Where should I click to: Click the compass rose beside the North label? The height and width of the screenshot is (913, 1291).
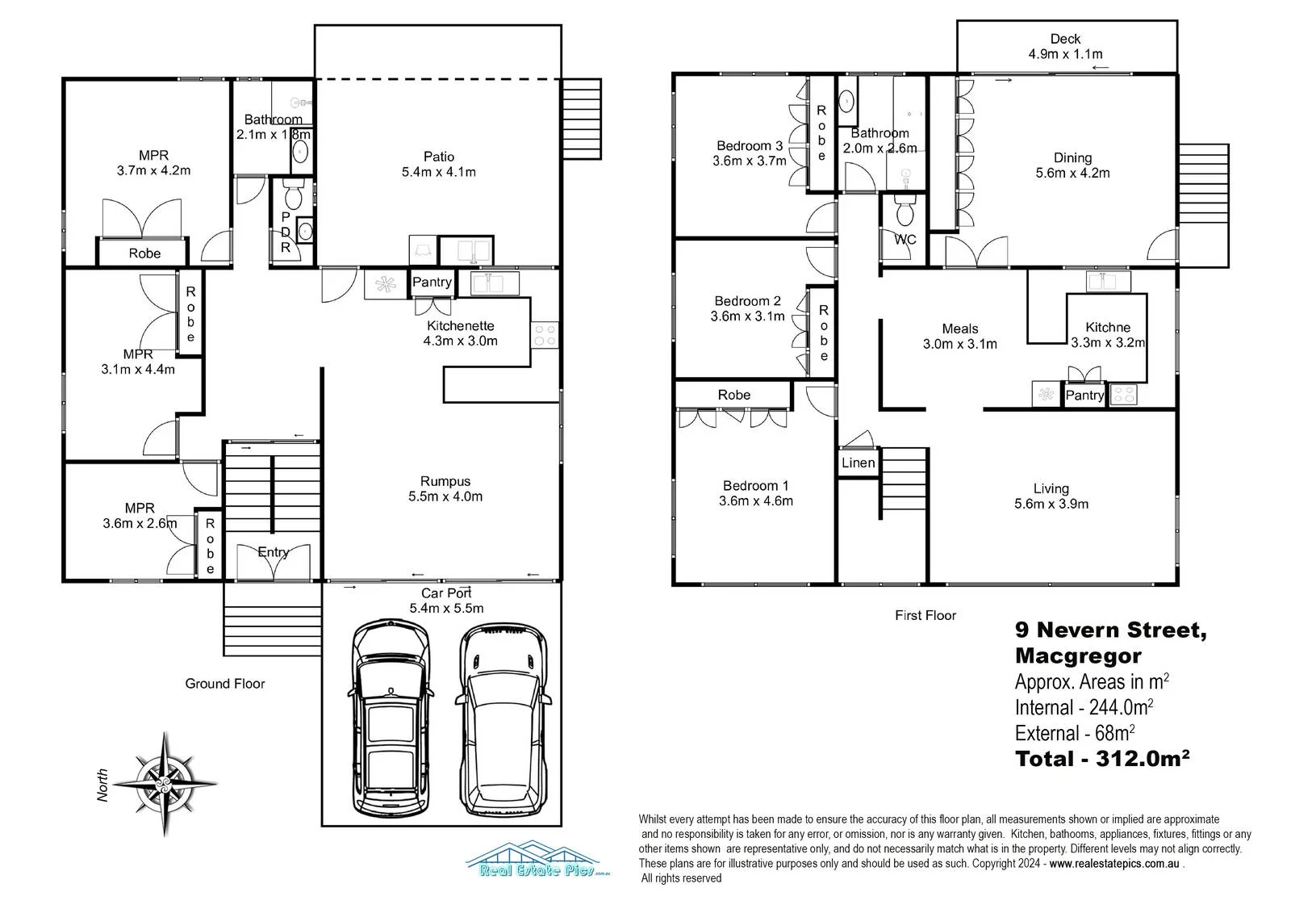click(x=165, y=784)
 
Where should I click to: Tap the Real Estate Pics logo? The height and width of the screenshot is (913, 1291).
click(x=537, y=859)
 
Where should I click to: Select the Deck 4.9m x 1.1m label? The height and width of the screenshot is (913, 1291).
click(x=1065, y=46)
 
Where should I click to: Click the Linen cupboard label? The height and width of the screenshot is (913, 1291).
click(x=858, y=463)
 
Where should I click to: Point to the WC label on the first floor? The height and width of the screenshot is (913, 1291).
click(x=905, y=240)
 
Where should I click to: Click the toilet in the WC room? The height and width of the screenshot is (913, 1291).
click(x=905, y=211)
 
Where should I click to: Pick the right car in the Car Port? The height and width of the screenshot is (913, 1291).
click(x=503, y=720)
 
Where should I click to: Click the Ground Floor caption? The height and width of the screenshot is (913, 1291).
click(x=225, y=684)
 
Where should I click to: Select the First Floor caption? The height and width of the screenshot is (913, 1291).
click(x=925, y=615)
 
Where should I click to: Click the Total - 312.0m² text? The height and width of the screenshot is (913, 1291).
click(x=1102, y=759)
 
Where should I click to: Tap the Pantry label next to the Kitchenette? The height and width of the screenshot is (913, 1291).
click(x=432, y=282)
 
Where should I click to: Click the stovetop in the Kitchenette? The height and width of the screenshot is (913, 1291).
click(x=545, y=335)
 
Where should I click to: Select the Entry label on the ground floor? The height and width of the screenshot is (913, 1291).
click(x=274, y=552)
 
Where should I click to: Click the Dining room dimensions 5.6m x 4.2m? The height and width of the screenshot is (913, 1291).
click(x=1072, y=173)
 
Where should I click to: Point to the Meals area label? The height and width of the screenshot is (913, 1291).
click(x=959, y=329)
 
